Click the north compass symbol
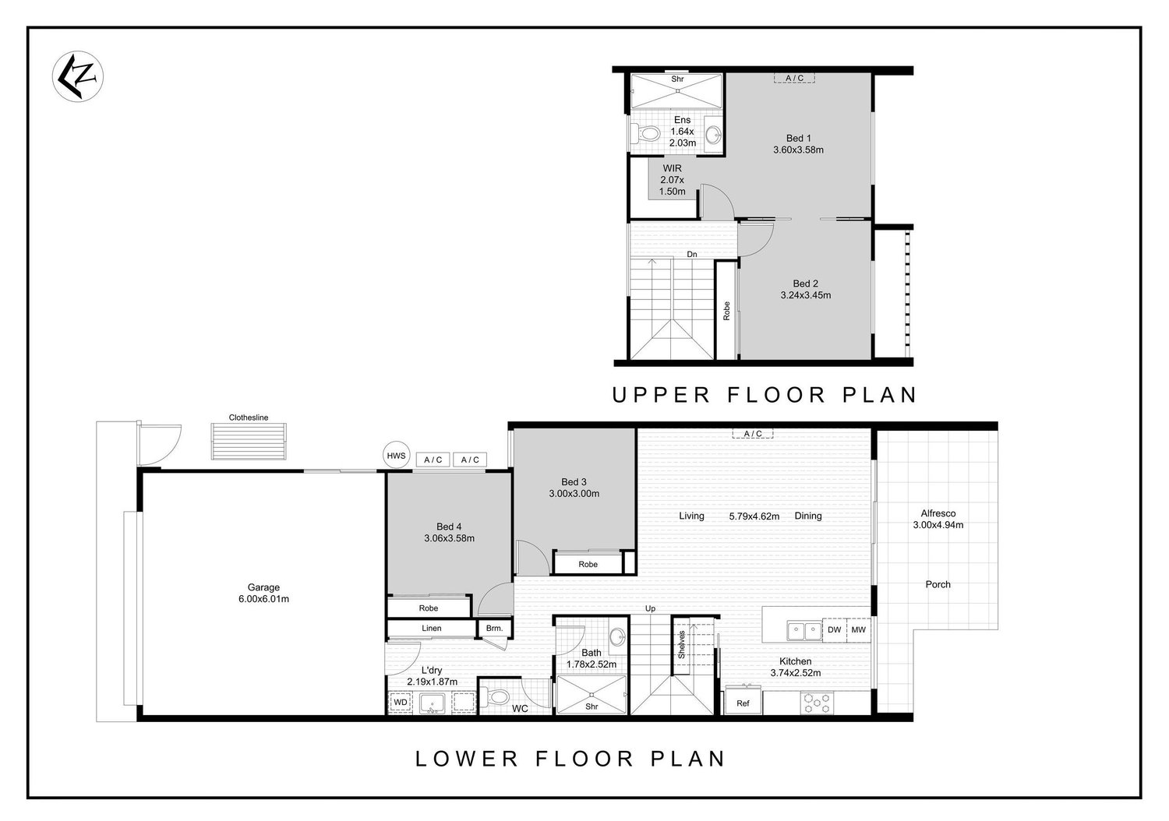[x=78, y=76]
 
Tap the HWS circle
[x=396, y=456]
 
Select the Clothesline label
[x=249, y=418]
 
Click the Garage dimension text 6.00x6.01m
[x=263, y=599]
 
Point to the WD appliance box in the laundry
[x=401, y=702]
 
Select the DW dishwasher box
[x=834, y=629]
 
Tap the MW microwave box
[x=859, y=629]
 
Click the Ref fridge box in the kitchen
[x=743, y=703]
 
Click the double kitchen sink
[x=804, y=631]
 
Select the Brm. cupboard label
[x=494, y=628]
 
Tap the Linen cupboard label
[x=432, y=628]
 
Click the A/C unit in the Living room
[x=753, y=433]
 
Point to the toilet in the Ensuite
[x=645, y=134]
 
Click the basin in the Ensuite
[x=713, y=135]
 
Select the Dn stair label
[x=692, y=255]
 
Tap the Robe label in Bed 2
[x=726, y=311]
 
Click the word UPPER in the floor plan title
[x=660, y=395]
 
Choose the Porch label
[x=938, y=584]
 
